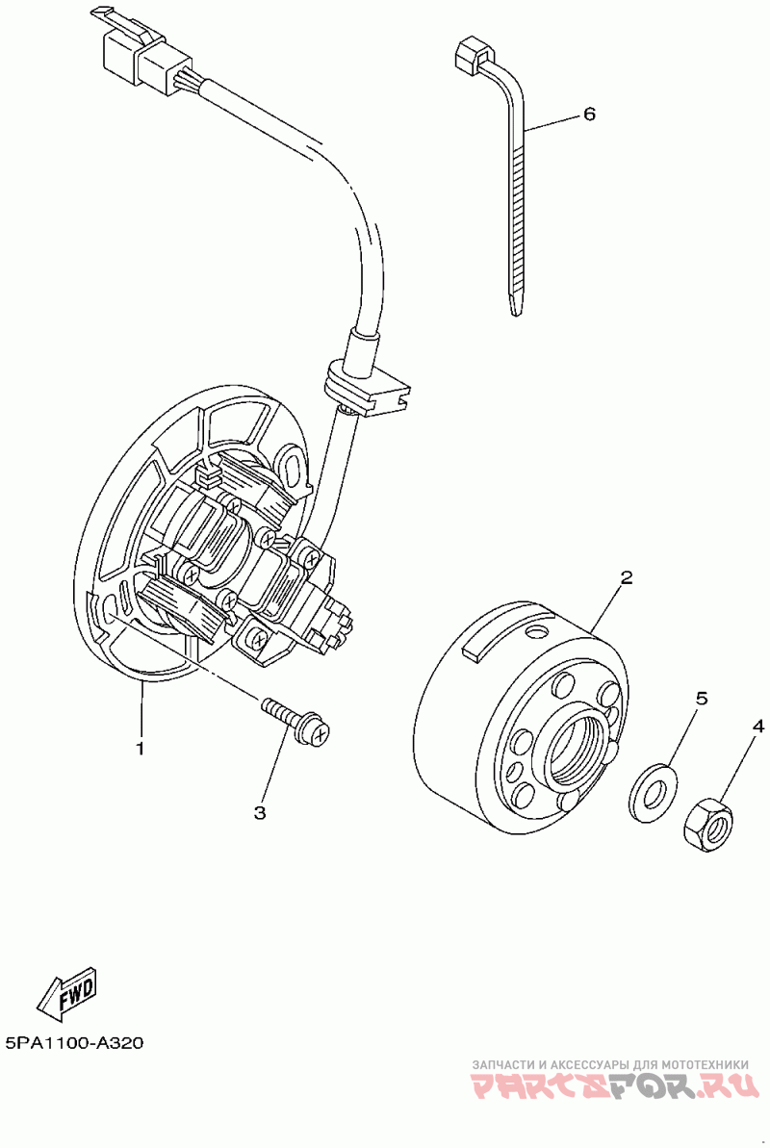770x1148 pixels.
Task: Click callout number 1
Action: tap(141, 748)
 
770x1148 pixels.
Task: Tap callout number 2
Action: tap(626, 577)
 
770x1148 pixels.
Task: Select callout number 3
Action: tap(260, 813)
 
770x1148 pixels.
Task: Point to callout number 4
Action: tap(758, 727)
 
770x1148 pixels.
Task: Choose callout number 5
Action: tap(702, 699)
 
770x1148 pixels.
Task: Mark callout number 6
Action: tap(589, 114)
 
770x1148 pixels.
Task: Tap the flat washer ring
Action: tap(653, 794)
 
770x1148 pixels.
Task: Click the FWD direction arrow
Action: tap(67, 993)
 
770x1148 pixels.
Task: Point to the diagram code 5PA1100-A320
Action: tap(73, 1043)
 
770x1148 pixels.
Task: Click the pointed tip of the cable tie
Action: tap(512, 306)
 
